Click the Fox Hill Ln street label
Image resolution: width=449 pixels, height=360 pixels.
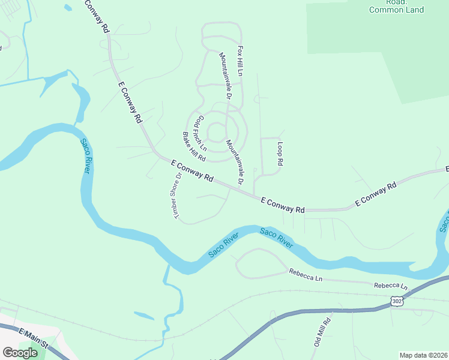(x=240, y=60)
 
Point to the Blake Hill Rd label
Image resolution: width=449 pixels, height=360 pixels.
(x=194, y=147)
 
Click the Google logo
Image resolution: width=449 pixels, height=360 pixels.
(x=20, y=353)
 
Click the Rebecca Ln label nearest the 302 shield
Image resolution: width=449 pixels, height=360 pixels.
(x=391, y=287)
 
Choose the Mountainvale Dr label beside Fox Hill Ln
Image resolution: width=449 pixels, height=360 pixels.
(x=226, y=75)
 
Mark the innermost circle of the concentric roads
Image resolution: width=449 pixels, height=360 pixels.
(x=216, y=131)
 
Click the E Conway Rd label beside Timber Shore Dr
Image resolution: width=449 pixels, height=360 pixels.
(x=192, y=170)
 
